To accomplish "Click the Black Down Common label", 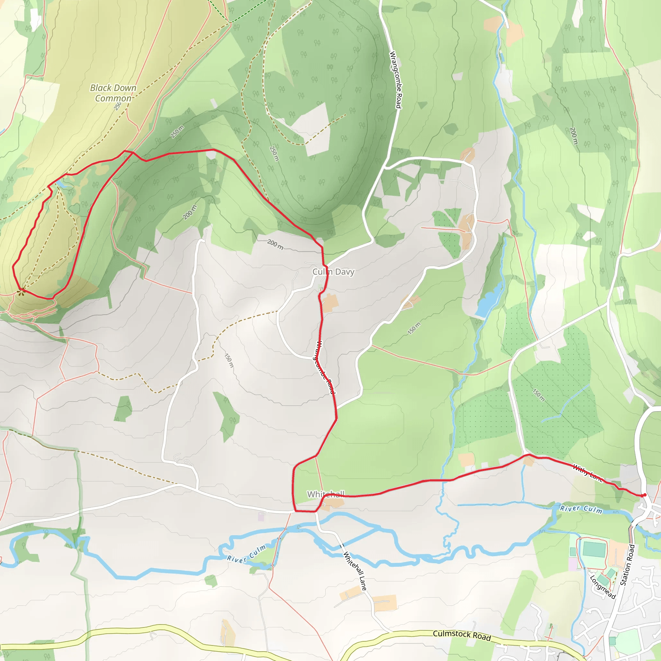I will tap(113, 93).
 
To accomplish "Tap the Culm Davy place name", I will tap(333, 272).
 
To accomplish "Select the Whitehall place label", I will tap(325, 494).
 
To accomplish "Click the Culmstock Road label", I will tap(462, 635).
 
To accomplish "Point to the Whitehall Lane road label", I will tap(355, 571).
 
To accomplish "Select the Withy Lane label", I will tap(587, 473).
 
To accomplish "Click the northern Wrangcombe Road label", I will tap(395, 80).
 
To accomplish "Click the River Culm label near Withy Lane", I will tap(581, 509).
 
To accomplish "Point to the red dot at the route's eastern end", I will tap(645, 495).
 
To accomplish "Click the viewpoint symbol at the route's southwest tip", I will tap(21, 291).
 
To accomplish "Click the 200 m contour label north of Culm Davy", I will tap(275, 244).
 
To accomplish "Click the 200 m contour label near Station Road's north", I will tap(574, 136).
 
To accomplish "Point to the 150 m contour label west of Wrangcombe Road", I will tap(229, 361).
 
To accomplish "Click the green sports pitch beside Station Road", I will tap(594, 549).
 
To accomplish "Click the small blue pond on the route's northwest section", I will tap(62, 184).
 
